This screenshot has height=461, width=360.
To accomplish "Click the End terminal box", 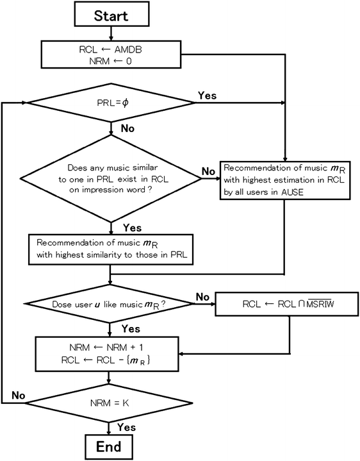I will [111, 446].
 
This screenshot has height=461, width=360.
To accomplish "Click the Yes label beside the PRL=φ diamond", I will [206, 95].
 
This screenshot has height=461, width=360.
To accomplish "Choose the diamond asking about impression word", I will [111, 177].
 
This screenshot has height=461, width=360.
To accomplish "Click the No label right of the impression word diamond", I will [208, 171].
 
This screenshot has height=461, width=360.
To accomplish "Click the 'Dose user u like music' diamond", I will [111, 303].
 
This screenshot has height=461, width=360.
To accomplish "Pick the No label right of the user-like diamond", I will [203, 297].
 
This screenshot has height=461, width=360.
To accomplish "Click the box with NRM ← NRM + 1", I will [111, 353].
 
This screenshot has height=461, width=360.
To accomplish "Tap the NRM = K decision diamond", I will [111, 404].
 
